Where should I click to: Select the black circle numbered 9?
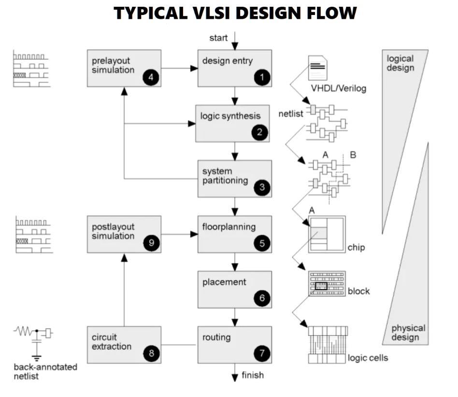click(x=151, y=243)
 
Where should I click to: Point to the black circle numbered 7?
click(x=262, y=354)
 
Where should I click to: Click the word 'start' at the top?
click(x=218, y=38)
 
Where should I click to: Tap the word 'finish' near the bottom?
click(x=253, y=374)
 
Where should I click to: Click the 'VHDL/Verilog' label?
click(x=339, y=88)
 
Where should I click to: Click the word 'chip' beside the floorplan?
click(x=356, y=248)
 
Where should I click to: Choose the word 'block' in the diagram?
click(x=358, y=291)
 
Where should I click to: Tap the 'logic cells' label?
click(x=368, y=358)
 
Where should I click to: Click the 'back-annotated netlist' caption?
click(x=45, y=371)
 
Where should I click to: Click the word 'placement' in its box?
click(x=224, y=282)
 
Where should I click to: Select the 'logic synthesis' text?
click(x=230, y=116)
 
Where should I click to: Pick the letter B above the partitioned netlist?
click(x=353, y=155)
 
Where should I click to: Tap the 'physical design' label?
click(x=408, y=332)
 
